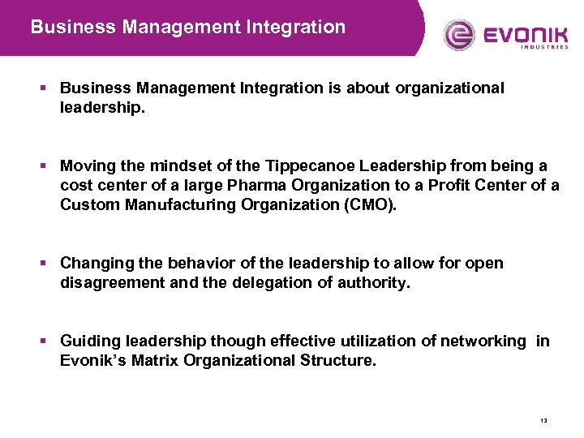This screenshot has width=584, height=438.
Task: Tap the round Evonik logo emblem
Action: [x=459, y=35]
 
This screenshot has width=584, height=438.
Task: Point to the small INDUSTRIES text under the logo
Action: [x=544, y=47]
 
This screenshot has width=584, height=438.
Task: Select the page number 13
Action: [x=543, y=421]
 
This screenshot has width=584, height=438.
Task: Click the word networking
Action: [x=483, y=341]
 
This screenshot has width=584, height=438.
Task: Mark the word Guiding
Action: [x=88, y=341]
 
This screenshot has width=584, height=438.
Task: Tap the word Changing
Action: [x=94, y=263]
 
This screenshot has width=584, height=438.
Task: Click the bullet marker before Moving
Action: [x=46, y=165]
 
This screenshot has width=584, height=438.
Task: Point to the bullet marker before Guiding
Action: [x=46, y=341]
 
